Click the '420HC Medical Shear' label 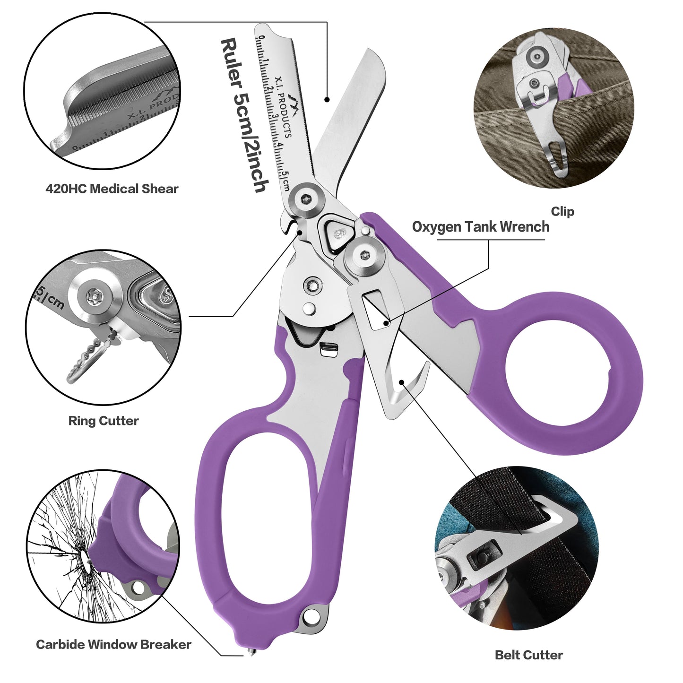112,189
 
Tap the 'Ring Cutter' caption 104,421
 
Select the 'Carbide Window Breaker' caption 113,644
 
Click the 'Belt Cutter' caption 529,655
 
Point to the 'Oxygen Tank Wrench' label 481,227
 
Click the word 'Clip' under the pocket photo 562,211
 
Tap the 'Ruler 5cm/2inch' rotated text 244,116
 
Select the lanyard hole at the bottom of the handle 310,616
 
